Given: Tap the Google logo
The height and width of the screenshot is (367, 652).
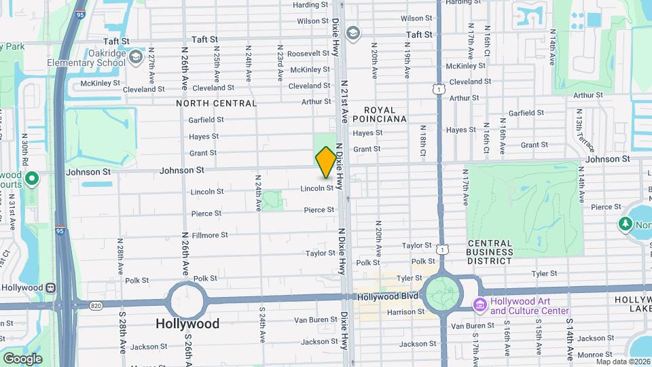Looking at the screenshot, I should coord(22,358).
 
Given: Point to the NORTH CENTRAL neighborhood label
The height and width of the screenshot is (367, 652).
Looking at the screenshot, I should coord(216,103).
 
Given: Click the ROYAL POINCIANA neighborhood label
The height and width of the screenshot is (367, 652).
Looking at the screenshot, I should coord(384,114).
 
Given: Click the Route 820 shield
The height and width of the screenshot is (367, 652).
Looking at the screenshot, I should coord(96,307).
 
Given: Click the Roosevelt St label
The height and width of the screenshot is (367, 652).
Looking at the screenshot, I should coord(308,54).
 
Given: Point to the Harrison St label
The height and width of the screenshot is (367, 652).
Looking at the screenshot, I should coord(406,313).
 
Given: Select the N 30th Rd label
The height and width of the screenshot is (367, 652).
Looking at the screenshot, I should coord(24,146).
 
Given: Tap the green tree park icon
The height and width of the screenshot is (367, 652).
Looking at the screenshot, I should coord(626,224).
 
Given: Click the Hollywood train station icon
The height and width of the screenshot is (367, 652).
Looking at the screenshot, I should coord(50,287).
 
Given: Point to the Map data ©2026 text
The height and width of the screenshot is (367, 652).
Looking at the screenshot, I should coord(621,361).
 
